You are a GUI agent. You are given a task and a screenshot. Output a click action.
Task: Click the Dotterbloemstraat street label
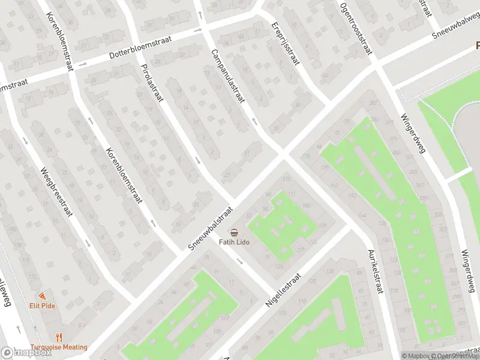point(141,47)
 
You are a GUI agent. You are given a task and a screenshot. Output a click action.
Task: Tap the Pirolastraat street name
point(151,83)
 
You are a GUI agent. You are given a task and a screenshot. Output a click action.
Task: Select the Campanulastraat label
point(227,76)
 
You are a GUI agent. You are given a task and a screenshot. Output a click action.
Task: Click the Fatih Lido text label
point(234,242)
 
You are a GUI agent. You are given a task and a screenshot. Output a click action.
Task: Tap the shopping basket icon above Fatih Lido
point(234,232)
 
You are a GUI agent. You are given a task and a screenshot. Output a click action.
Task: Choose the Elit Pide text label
point(43,305)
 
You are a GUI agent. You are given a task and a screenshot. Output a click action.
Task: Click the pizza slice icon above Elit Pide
point(43,296)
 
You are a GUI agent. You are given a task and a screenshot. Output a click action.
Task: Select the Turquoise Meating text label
point(59,347)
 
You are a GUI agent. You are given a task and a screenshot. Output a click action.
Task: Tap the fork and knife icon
point(59,337)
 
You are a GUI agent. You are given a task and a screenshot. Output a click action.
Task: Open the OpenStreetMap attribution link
point(458,356)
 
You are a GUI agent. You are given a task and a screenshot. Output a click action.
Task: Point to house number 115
point(286,179)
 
